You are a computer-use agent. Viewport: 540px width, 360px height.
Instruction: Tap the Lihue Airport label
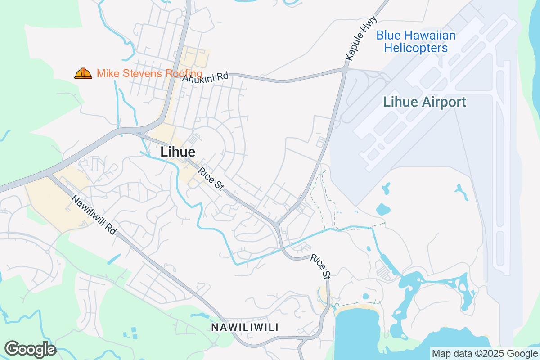click(x=424, y=102)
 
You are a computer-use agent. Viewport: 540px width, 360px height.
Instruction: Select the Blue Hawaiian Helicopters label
click(x=416, y=41)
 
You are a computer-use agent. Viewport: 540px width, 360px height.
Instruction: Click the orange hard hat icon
click(x=83, y=73)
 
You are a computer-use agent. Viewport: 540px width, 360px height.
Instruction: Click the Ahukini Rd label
click(x=205, y=77)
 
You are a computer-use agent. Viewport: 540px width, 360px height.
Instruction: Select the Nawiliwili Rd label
click(x=94, y=215)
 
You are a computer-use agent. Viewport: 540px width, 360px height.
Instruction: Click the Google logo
click(x=31, y=349)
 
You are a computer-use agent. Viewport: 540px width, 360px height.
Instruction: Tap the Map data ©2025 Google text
click(x=485, y=353)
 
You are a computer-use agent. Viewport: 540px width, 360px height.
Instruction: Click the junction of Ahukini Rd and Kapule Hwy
click(x=345, y=71)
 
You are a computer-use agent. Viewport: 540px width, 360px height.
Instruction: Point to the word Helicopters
click(x=416, y=48)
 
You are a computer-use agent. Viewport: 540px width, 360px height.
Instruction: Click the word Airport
click(x=443, y=102)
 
